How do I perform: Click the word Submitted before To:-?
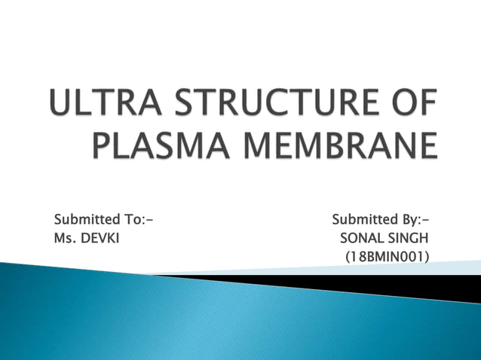[x=87, y=220]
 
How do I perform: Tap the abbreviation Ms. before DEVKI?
[x=66, y=238]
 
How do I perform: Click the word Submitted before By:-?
[x=364, y=220]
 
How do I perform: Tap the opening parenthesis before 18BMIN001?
[x=347, y=257]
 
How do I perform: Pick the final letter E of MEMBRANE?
[x=427, y=145]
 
